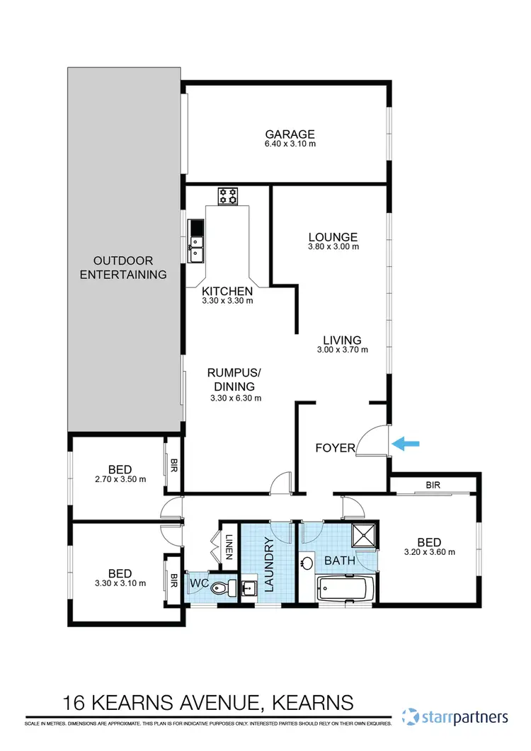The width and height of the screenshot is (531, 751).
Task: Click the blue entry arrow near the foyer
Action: [x=406, y=444]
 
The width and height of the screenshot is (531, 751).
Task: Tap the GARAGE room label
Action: [x=290, y=134]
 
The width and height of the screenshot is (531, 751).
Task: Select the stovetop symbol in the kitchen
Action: [x=228, y=195]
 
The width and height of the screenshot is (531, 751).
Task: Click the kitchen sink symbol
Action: [x=196, y=245]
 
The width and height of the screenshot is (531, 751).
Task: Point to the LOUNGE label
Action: [x=332, y=237]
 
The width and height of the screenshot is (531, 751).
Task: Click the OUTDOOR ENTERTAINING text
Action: [x=124, y=268]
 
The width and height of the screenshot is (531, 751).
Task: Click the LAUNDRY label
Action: [x=268, y=563]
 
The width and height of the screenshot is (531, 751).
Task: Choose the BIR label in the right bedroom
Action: [x=433, y=486]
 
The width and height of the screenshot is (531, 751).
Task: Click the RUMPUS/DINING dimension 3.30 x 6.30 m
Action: [x=236, y=398]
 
